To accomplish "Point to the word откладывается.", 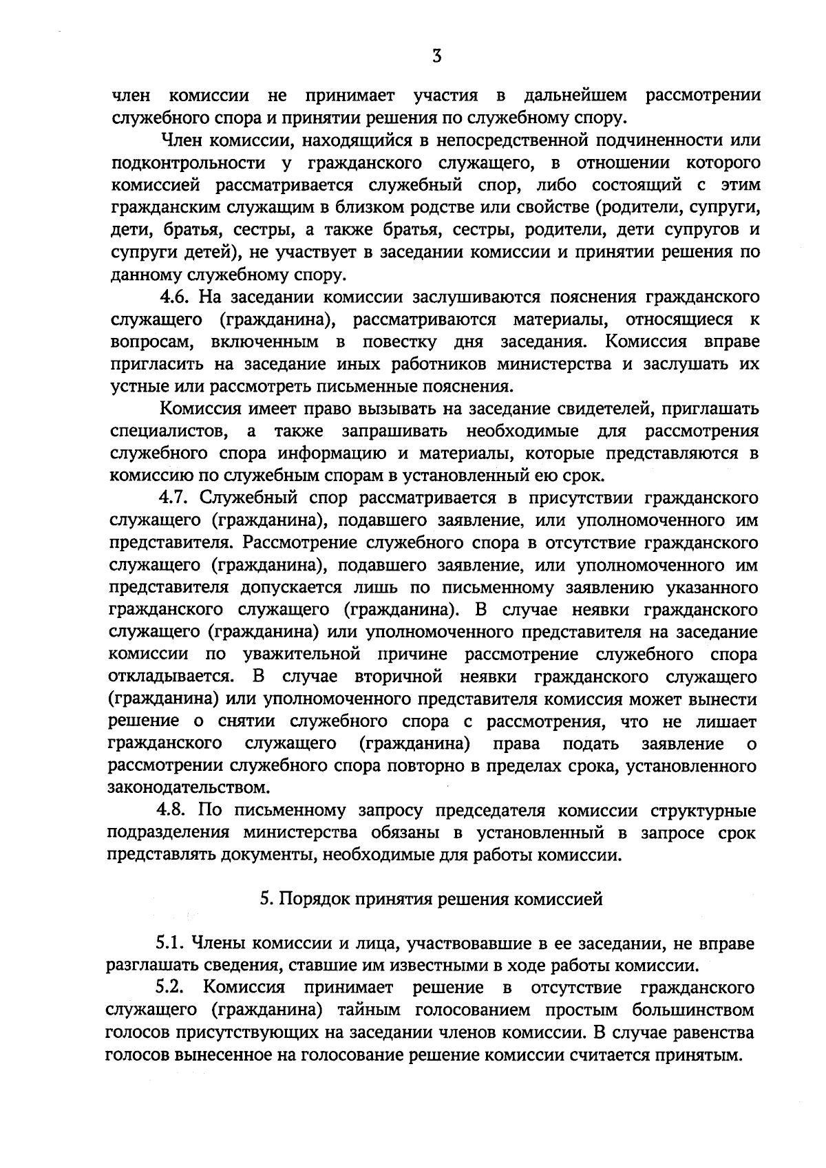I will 176,677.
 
